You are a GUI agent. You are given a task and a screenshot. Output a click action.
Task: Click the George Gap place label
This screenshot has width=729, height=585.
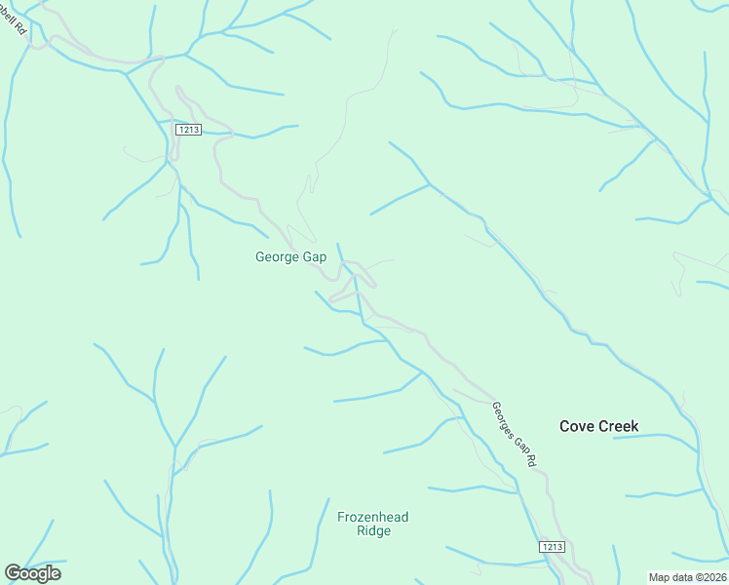[x=290, y=257]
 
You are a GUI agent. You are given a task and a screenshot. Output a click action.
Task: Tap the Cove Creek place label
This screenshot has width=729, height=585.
[x=598, y=426]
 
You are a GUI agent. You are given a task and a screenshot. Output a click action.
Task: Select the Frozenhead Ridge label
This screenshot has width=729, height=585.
[x=372, y=524]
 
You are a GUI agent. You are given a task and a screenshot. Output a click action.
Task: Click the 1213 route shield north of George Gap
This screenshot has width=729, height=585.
[x=188, y=130]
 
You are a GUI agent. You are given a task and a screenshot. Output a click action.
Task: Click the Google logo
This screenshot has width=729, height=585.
[x=32, y=573]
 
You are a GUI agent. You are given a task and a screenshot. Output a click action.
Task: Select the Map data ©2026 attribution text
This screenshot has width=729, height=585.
[x=687, y=577]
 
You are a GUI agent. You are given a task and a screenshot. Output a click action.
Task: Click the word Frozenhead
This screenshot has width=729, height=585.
[x=372, y=517]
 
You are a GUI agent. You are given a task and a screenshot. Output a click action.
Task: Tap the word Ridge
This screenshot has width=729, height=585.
[x=372, y=531]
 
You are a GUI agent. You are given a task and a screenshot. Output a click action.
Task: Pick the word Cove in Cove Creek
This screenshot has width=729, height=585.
[x=577, y=426]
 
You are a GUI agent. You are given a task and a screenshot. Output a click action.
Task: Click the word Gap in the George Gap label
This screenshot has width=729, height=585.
[x=313, y=257]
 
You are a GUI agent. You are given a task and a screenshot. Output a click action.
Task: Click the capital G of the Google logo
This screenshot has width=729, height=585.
[x=13, y=573]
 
